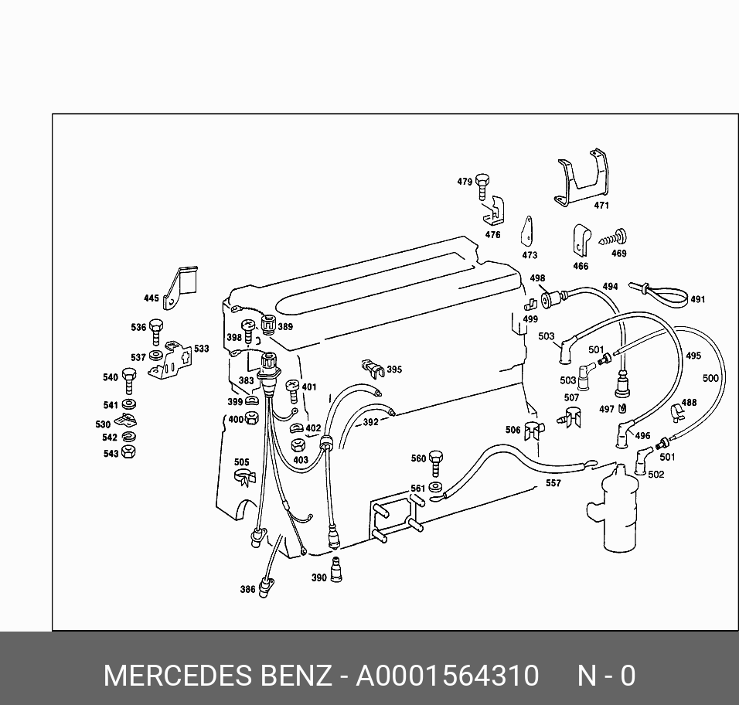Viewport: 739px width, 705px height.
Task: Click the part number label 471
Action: pos(601,206)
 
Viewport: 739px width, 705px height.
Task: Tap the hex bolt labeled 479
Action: pos(482,186)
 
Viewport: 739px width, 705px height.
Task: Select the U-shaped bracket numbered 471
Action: pos(581,177)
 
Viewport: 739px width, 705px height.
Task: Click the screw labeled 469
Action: pos(613,237)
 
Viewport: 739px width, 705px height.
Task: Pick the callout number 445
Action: pos(152,298)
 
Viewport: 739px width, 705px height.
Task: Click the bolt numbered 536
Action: pos(156,332)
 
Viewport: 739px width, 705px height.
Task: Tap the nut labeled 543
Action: pos(128,452)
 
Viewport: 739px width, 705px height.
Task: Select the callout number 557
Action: pos(553,483)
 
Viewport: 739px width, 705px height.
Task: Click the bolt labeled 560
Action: pos(436,464)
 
